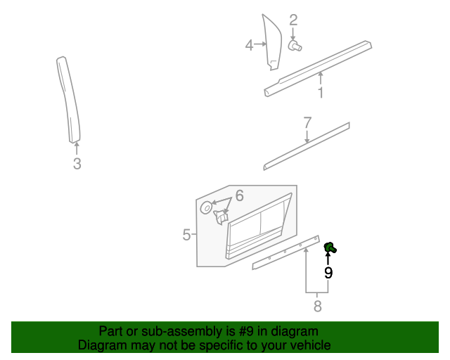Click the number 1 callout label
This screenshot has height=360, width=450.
coord(320,93)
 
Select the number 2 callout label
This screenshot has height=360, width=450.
coord(293,20)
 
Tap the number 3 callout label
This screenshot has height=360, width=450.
coord(77,164)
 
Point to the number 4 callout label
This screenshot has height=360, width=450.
coord(249,45)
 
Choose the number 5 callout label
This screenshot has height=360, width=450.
coord(186,234)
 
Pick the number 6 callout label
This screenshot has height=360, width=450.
coord(239,195)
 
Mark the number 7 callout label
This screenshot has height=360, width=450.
coord(307,122)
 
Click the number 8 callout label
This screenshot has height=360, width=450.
coord(317,306)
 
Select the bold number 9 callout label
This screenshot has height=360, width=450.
coord(328,272)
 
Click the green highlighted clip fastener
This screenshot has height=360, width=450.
coord(329,246)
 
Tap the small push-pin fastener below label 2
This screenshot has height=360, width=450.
coord(295,46)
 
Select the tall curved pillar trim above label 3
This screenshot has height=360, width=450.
coord(68,98)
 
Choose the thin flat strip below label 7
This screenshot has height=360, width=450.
coord(307,146)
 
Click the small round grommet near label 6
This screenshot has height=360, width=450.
coord(207,207)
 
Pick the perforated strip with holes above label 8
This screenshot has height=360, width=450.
coord(286,252)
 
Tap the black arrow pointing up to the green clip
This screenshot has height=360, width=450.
coord(328,257)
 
